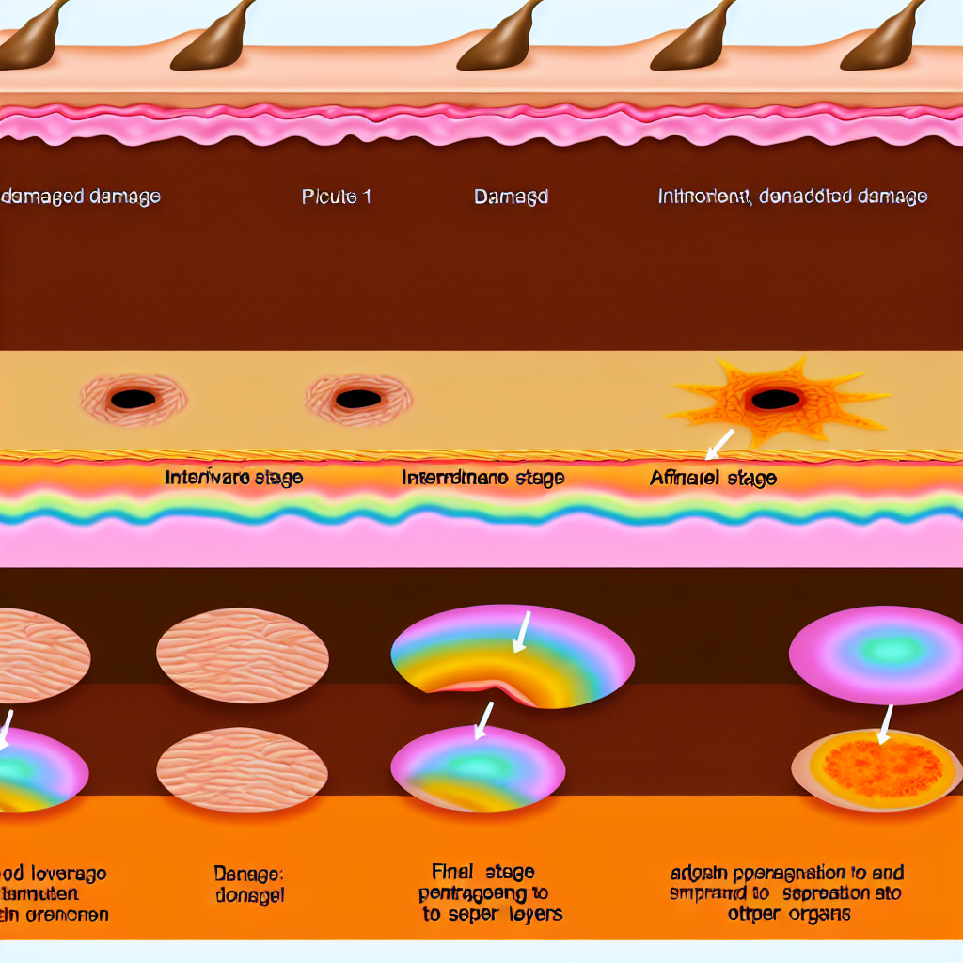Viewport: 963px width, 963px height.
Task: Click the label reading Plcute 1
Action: pos(336,197)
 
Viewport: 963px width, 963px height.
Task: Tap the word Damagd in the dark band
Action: pos(511,197)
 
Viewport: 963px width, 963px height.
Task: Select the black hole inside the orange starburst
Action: pos(775,400)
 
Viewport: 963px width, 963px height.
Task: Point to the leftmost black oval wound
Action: pos(133,399)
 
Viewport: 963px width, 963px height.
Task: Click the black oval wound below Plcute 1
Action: pos(357,399)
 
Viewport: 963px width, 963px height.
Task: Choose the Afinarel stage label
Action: pos(713,478)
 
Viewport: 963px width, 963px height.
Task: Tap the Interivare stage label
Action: pos(233,477)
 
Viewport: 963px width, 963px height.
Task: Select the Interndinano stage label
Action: pos(482,478)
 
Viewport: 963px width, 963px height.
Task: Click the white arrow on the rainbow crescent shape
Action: pos(520,632)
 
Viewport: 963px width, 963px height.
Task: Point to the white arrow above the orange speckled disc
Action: pos(885,724)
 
